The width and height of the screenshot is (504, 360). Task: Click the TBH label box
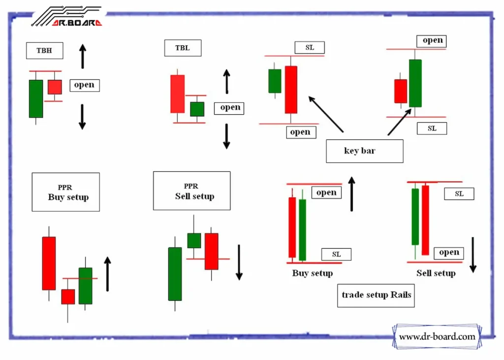coord(44,50)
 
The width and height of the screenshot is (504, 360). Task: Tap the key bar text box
coord(364,151)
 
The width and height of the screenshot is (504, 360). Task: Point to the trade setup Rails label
coord(376,295)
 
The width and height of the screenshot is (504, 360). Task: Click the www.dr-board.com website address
coord(437,337)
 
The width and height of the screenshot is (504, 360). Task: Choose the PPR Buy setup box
coord(66,192)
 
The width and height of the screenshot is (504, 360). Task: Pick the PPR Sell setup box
coord(191,191)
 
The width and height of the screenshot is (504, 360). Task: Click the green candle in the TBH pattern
coord(36,98)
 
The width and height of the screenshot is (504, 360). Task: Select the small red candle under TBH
coord(55,87)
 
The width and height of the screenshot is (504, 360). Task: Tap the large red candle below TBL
coord(178,94)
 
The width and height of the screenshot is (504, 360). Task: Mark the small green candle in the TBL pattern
coord(197,109)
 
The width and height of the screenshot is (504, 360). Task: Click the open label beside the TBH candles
coord(84,85)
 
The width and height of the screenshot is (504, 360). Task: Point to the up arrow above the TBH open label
coord(83,56)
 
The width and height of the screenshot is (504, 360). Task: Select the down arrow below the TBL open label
coord(226,136)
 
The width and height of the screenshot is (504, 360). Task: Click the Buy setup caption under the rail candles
coord(313,273)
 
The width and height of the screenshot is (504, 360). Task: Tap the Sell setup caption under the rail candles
coord(436,273)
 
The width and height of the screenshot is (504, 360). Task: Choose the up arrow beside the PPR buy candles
coord(108,274)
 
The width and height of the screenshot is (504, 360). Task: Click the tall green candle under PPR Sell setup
coord(175,273)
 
